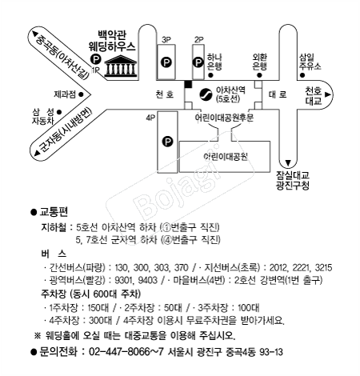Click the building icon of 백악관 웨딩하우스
click(121, 66)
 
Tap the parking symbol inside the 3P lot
click(166, 62)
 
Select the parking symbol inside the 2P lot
click(198, 62)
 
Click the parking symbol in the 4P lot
click(167, 142)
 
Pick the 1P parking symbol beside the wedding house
click(96, 58)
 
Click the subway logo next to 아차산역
click(206, 94)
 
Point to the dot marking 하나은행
click(210, 75)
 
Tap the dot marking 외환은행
click(259, 75)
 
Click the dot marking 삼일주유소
click(302, 75)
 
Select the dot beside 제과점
click(81, 94)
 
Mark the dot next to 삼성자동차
click(59, 112)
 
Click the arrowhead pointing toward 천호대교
click(328, 94)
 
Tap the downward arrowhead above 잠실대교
click(288, 162)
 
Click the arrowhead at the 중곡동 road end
click(35, 34)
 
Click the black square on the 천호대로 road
click(188, 84)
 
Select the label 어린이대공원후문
click(224, 118)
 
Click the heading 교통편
click(54, 212)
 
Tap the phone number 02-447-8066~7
click(126, 352)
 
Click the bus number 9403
click(148, 280)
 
